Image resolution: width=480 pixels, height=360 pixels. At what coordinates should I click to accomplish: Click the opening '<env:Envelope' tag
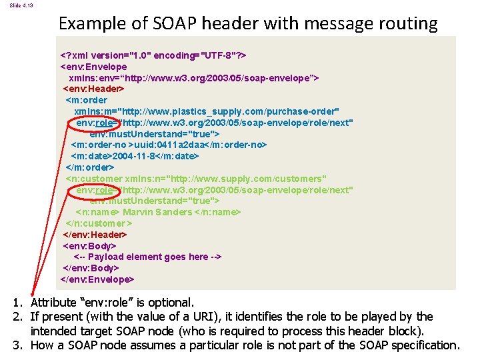pos(93,67)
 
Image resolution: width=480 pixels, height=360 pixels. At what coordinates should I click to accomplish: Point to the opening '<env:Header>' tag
pos(93,89)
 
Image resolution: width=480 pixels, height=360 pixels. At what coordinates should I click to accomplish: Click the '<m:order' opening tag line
pos(87,100)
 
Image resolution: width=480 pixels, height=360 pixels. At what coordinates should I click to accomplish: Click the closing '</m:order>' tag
pos(90,167)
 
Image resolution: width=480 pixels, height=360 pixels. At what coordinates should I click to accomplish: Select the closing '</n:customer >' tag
pos(99,223)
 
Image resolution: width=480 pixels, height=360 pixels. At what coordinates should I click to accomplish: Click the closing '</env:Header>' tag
pos(95,235)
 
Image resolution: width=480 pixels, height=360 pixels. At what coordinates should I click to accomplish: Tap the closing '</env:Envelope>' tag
pos(97,279)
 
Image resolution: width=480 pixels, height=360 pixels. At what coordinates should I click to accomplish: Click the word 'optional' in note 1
pos(171,303)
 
